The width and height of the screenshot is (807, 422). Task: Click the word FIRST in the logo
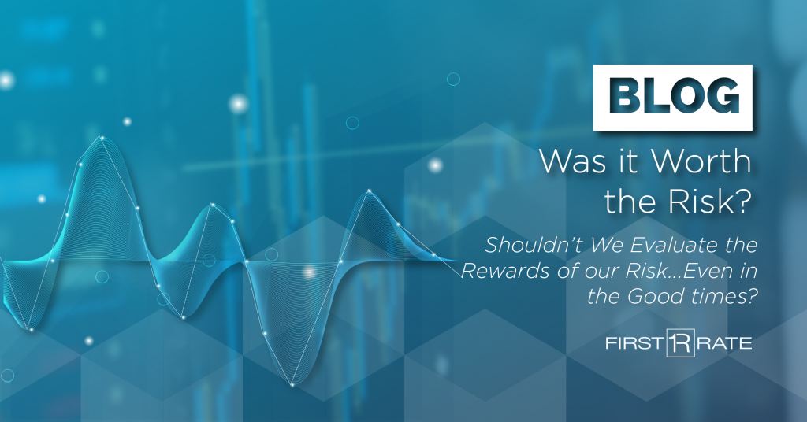pyautogui.click(x=634, y=342)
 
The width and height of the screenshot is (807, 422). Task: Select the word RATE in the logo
pyautogui.click(x=724, y=342)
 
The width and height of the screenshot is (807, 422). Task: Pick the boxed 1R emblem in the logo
pyautogui.click(x=680, y=342)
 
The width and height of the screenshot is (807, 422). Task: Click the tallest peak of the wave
pyautogui.click(x=102, y=137)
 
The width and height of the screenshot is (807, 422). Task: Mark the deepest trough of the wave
pyautogui.click(x=292, y=384)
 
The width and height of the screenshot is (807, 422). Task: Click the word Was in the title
pyautogui.click(x=567, y=161)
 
